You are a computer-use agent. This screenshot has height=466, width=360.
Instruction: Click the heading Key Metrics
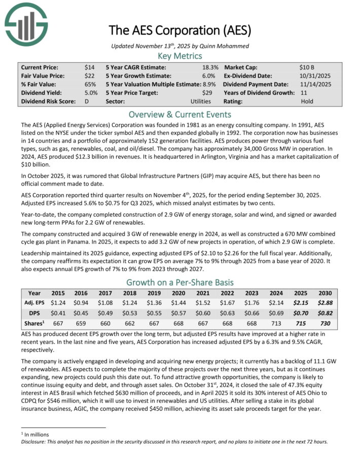(180, 56)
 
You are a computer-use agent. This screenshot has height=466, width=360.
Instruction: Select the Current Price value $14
(89, 67)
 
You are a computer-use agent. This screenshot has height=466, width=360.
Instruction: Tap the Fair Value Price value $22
(89, 76)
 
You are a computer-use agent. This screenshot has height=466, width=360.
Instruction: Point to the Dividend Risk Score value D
(87, 101)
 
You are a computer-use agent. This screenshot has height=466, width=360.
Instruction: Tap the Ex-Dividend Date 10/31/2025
(315, 76)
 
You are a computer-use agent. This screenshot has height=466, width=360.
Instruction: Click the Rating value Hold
(306, 101)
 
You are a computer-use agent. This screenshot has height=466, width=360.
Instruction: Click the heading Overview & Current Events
(180, 114)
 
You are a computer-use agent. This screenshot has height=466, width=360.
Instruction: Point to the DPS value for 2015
(59, 312)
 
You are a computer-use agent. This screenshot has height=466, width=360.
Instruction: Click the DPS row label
(34, 312)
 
